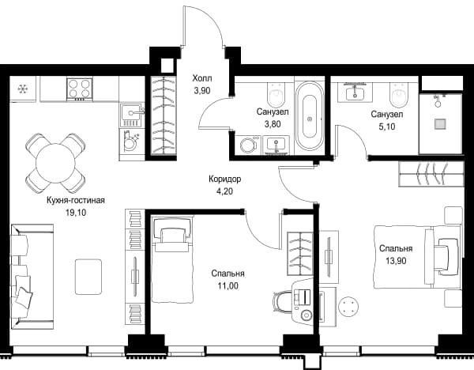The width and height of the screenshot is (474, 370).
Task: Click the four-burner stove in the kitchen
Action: click(x=80, y=89)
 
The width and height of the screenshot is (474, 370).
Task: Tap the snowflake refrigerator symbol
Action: click(x=22, y=89)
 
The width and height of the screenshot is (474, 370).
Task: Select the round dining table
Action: click(x=55, y=163)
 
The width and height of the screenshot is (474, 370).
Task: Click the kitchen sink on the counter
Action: click(x=131, y=115)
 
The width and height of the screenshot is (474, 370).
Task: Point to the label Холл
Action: click(x=202, y=78)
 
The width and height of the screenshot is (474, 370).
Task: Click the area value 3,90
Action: click(x=202, y=90)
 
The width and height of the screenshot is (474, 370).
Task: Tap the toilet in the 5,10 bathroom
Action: click(x=401, y=95)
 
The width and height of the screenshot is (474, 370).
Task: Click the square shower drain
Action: click(x=441, y=124)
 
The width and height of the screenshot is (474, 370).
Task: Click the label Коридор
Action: click(x=225, y=179)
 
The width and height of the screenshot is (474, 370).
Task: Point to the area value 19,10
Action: click(x=76, y=213)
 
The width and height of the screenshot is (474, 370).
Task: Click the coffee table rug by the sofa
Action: click(x=88, y=276)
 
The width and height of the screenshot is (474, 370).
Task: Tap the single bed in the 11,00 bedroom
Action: click(x=172, y=259)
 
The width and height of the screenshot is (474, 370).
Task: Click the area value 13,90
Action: click(x=396, y=260)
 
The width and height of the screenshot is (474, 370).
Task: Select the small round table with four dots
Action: click(x=348, y=306)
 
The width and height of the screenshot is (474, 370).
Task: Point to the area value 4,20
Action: click(x=225, y=191)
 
